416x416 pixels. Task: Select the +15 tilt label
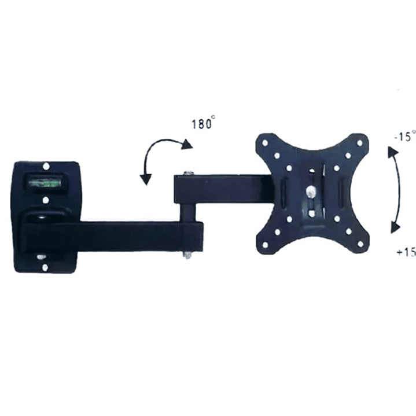coord(404,252)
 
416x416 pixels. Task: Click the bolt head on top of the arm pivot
coord(187,173)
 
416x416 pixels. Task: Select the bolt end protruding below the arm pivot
coord(188,255)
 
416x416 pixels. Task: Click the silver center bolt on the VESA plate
coord(311,191)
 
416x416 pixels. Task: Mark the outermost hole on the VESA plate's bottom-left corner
coord(266,245)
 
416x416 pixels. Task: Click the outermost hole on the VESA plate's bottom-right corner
coord(360,243)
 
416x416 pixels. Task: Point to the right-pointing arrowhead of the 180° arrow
coord(185,145)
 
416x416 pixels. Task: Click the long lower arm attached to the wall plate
coord(116,235)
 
